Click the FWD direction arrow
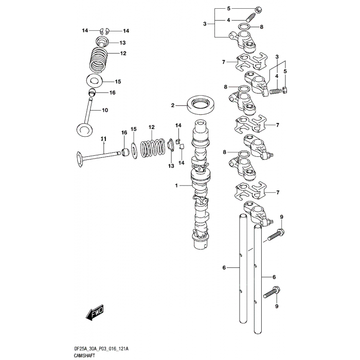tap(95, 312)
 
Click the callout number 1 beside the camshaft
tap(176, 185)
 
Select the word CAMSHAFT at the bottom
tap(84, 356)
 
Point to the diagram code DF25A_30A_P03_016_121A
tap(101, 349)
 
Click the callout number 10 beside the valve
tap(105, 110)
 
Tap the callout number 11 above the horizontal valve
tap(104, 139)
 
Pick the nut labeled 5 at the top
tap(259, 10)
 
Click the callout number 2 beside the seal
tap(173, 105)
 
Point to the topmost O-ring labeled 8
tap(244, 27)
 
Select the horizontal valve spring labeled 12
tap(153, 148)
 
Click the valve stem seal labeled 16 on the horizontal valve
tap(125, 152)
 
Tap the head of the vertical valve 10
tap(85, 129)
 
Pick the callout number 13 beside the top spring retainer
tap(122, 43)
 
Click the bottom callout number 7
tap(278, 192)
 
